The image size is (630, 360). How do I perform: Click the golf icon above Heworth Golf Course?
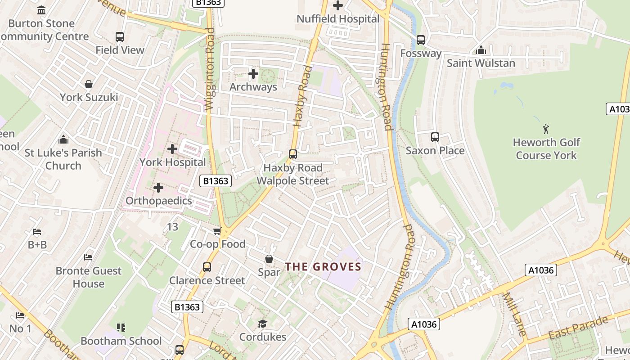pos(546,129)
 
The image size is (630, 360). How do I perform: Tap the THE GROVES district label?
pos(323,267)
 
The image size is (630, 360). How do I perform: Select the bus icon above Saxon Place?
pos(435,137)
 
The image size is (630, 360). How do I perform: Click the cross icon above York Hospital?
pos(172,149)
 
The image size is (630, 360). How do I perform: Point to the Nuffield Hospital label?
pos(338,19)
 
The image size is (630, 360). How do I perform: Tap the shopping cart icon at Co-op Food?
pos(217,231)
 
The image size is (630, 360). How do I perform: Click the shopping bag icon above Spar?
pos(269,259)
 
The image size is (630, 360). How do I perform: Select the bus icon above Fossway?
pos(421,40)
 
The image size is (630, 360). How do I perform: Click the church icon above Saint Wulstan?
pos(481,50)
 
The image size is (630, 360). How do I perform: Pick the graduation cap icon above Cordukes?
pos(262,324)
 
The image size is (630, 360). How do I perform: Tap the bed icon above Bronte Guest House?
pos(89,257)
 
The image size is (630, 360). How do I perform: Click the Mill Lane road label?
pos(513,314)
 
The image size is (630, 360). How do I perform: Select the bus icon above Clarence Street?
pos(207,267)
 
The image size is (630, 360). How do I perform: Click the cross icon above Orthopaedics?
pos(158,188)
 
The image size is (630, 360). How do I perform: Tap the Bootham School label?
pos(121,341)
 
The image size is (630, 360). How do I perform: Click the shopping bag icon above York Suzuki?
pos(89,84)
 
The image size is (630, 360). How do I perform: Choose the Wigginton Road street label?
pos(209,69)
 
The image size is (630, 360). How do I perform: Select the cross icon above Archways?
pos(253,73)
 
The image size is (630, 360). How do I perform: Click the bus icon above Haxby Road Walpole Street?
pos(293,154)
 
